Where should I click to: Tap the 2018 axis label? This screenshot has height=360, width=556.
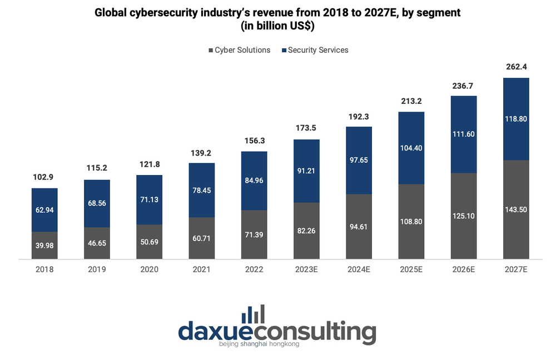coord(44,269)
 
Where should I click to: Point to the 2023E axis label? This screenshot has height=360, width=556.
coord(306,269)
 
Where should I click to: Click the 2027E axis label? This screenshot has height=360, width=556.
coord(516,269)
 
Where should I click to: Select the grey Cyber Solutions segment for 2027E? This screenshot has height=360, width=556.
coord(516,209)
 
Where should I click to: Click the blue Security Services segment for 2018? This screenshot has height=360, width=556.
coord(44,209)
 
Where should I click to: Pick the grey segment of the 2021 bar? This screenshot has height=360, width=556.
coord(202,238)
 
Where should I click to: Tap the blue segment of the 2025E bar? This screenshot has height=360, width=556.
coord(411,148)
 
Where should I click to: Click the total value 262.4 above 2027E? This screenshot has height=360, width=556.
coord(516,67)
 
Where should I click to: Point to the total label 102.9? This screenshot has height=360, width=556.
coord(44,177)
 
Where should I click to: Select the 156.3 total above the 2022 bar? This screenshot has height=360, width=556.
coord(254,141)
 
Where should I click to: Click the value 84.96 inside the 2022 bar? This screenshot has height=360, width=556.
coord(254,180)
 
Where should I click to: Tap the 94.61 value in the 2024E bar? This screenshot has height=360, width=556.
coord(359,227)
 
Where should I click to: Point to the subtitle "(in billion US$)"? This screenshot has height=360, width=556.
coord(277,26)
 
